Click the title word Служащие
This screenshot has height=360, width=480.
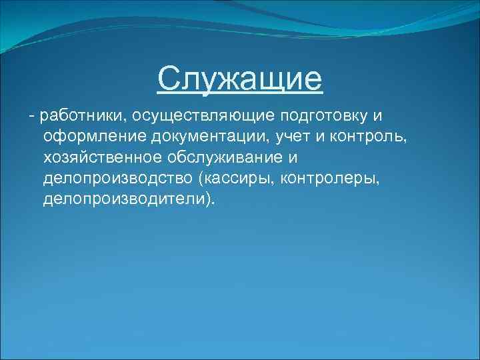[x=240, y=80]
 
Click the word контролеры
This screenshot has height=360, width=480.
[x=327, y=180]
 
